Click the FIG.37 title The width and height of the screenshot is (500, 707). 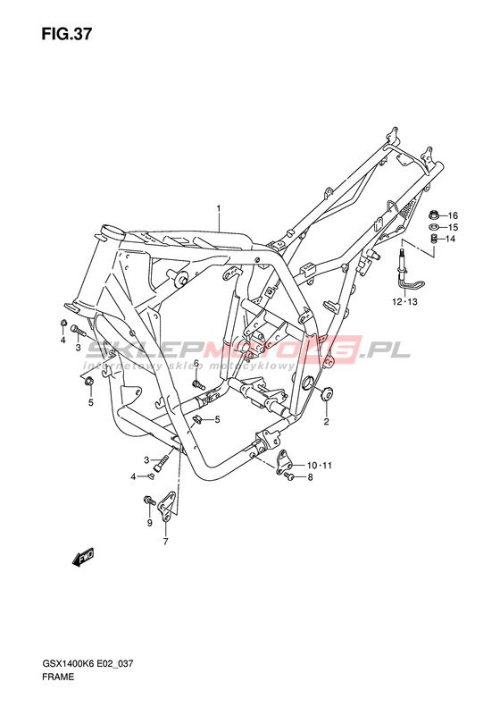click(x=67, y=34)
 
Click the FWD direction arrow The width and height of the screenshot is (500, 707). click(x=82, y=558)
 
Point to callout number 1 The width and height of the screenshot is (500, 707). click(x=219, y=208)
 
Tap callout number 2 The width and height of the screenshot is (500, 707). click(x=327, y=422)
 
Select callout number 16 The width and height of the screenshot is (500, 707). click(x=453, y=215)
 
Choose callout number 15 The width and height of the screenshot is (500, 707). click(x=453, y=227)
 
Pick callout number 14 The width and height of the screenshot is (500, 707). click(x=451, y=239)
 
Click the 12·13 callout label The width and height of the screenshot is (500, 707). click(x=404, y=301)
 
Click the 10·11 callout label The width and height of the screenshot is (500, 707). click(x=320, y=466)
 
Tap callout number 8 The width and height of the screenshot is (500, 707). click(x=310, y=477)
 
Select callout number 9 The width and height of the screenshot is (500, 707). click(x=149, y=523)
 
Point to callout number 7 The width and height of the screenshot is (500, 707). click(x=165, y=542)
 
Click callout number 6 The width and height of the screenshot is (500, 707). click(x=196, y=364)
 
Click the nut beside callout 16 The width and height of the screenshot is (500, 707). click(x=435, y=215)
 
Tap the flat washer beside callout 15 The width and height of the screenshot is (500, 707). click(x=435, y=227)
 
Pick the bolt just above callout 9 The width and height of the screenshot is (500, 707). click(x=149, y=500)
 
